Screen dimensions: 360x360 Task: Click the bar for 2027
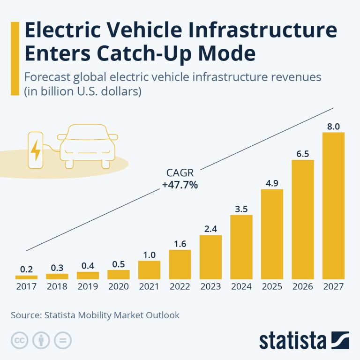334,206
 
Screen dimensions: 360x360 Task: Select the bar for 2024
241,247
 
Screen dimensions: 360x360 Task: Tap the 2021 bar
149,270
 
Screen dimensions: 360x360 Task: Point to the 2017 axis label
26,286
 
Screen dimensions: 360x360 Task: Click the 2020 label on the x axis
118,286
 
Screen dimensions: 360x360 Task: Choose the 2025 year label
272,286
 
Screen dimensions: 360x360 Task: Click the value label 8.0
334,126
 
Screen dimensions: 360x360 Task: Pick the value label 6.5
303,154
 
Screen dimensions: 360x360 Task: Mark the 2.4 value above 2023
210,228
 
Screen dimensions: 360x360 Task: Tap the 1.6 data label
180,243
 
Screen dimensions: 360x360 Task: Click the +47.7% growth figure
180,185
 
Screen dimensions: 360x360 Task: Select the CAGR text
180,173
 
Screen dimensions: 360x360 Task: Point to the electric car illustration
88,144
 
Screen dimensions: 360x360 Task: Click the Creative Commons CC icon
18,340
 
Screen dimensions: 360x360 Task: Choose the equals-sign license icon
62,340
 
